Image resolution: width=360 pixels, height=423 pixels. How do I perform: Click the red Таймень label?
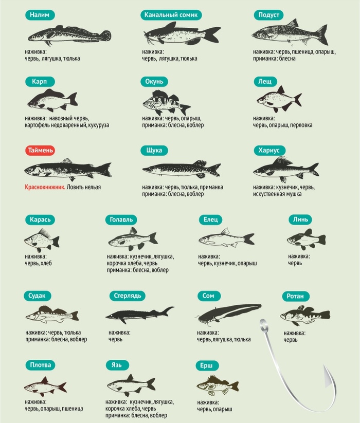click(x=40, y=150)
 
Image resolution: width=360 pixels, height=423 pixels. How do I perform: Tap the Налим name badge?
click(x=40, y=15)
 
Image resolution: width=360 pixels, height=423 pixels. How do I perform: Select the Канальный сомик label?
click(x=171, y=15)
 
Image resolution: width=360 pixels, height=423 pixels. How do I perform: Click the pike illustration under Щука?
click(x=182, y=169)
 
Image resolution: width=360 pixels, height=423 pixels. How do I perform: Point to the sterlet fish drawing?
click(x=140, y=315)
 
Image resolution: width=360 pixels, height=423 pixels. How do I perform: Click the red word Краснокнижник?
click(x=45, y=187)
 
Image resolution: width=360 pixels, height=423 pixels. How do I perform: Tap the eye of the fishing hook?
click(x=264, y=324)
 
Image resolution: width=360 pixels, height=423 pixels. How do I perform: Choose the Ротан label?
click(x=295, y=296)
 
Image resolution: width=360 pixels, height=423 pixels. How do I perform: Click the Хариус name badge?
click(x=269, y=150)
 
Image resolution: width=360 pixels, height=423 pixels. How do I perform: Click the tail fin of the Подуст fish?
click(x=322, y=34)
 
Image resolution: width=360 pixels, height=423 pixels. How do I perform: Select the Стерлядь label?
click(x=128, y=296)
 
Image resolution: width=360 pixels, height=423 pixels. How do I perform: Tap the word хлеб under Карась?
click(x=46, y=263)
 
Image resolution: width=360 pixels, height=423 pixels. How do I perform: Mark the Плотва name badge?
click(x=41, y=365)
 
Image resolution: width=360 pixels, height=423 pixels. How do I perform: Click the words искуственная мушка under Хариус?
click(x=277, y=194)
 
